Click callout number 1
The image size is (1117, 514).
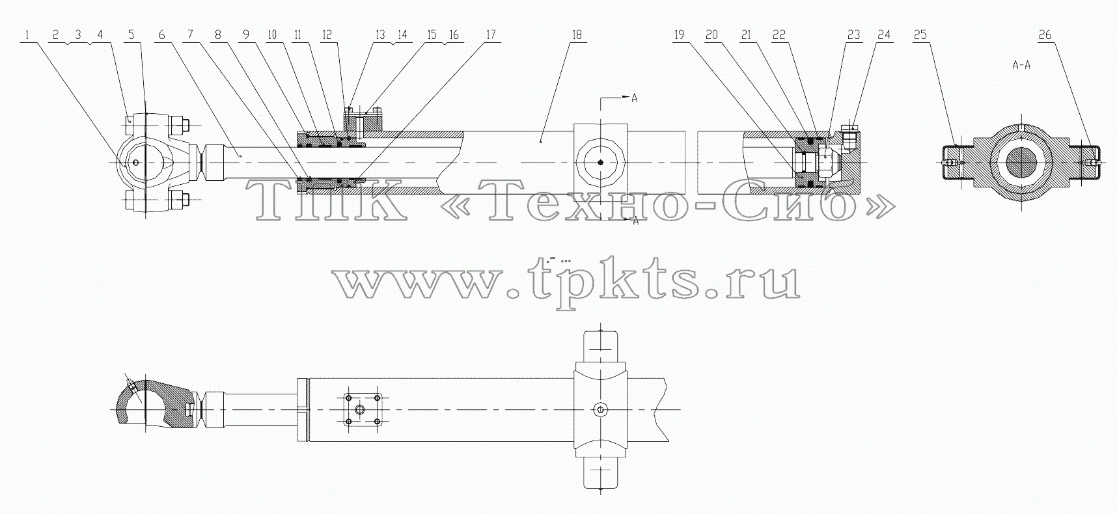[27, 35]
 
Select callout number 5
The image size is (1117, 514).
[132, 35]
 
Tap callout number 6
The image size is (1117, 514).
[162, 35]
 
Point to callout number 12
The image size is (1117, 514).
[327, 35]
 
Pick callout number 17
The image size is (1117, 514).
[490, 35]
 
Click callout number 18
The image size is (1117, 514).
[576, 35]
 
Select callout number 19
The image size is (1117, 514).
[680, 35]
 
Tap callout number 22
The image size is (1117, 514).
[779, 35]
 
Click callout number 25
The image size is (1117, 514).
[920, 35]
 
